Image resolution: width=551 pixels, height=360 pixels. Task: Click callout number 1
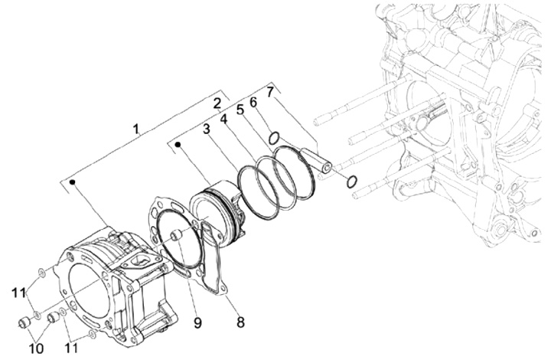point(136,130)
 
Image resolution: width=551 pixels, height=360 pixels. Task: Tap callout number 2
point(217,103)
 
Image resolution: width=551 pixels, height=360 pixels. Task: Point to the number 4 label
point(224,119)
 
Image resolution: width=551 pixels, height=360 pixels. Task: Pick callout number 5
point(240,109)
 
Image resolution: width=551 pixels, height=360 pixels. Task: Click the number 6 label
point(254,102)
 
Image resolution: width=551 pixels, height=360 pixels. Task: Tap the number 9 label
point(197,322)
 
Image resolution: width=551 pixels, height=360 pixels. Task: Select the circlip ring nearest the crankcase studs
point(350,182)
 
